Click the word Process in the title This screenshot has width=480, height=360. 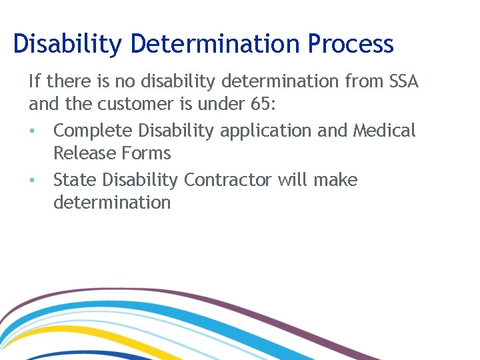click(x=351, y=44)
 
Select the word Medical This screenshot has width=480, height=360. click(x=384, y=131)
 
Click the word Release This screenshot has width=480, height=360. click(x=83, y=153)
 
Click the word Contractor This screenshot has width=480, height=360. click(x=229, y=180)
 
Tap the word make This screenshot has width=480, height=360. click(x=335, y=180)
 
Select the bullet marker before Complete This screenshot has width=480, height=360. click(x=31, y=131)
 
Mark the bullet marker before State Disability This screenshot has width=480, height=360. click(x=31, y=181)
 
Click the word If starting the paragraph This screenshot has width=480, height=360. click(x=34, y=82)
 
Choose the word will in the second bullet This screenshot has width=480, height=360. click(x=293, y=180)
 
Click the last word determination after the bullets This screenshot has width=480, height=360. click(x=112, y=203)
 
